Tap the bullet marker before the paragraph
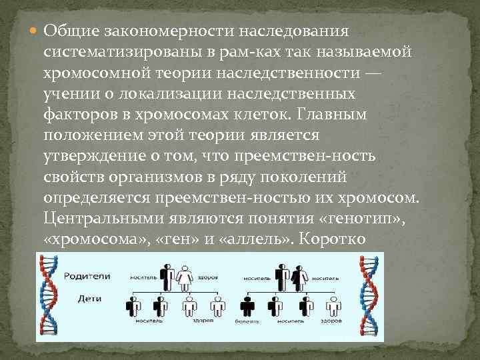pyautogui.click(x=35, y=31)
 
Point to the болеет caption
pyautogui.click(x=243, y=322)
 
